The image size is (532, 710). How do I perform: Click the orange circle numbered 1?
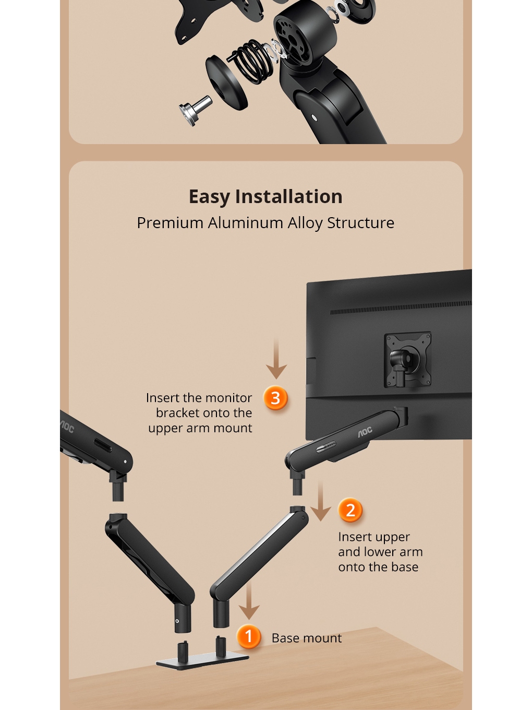click(248, 636)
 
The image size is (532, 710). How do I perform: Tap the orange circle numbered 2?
click(350, 510)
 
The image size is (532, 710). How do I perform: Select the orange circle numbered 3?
click(275, 398)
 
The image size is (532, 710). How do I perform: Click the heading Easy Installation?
click(265, 196)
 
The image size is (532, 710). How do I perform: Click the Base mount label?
click(307, 638)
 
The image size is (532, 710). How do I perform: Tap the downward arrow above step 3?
click(276, 358)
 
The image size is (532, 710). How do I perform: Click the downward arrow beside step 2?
click(321, 501)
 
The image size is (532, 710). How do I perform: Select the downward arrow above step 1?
click(249, 599)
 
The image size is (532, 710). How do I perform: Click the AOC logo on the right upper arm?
click(365, 432)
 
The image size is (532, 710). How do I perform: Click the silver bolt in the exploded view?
click(196, 110)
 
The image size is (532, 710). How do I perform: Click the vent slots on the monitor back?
click(401, 307)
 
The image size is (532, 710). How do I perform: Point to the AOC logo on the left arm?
click(67, 427)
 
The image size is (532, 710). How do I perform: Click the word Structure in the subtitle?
click(360, 222)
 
